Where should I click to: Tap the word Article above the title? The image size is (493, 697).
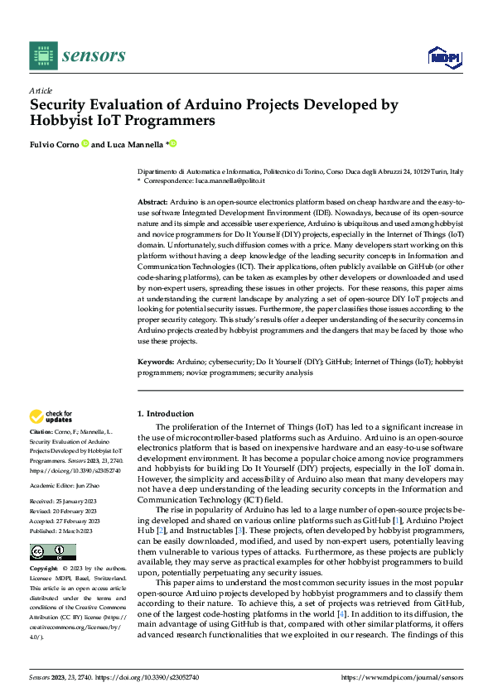point(41,90)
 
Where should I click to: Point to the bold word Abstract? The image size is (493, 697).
point(152,202)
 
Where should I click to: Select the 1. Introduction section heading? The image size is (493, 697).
point(164,413)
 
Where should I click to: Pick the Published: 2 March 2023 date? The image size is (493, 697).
point(64,530)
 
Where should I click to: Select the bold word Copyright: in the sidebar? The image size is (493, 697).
point(44,570)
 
